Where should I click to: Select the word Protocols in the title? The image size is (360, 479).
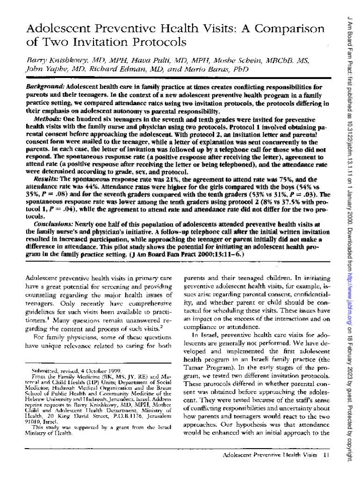(159, 43)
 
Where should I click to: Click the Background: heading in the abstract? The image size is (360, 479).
(46, 87)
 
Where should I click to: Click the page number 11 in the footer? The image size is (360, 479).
(325, 455)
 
